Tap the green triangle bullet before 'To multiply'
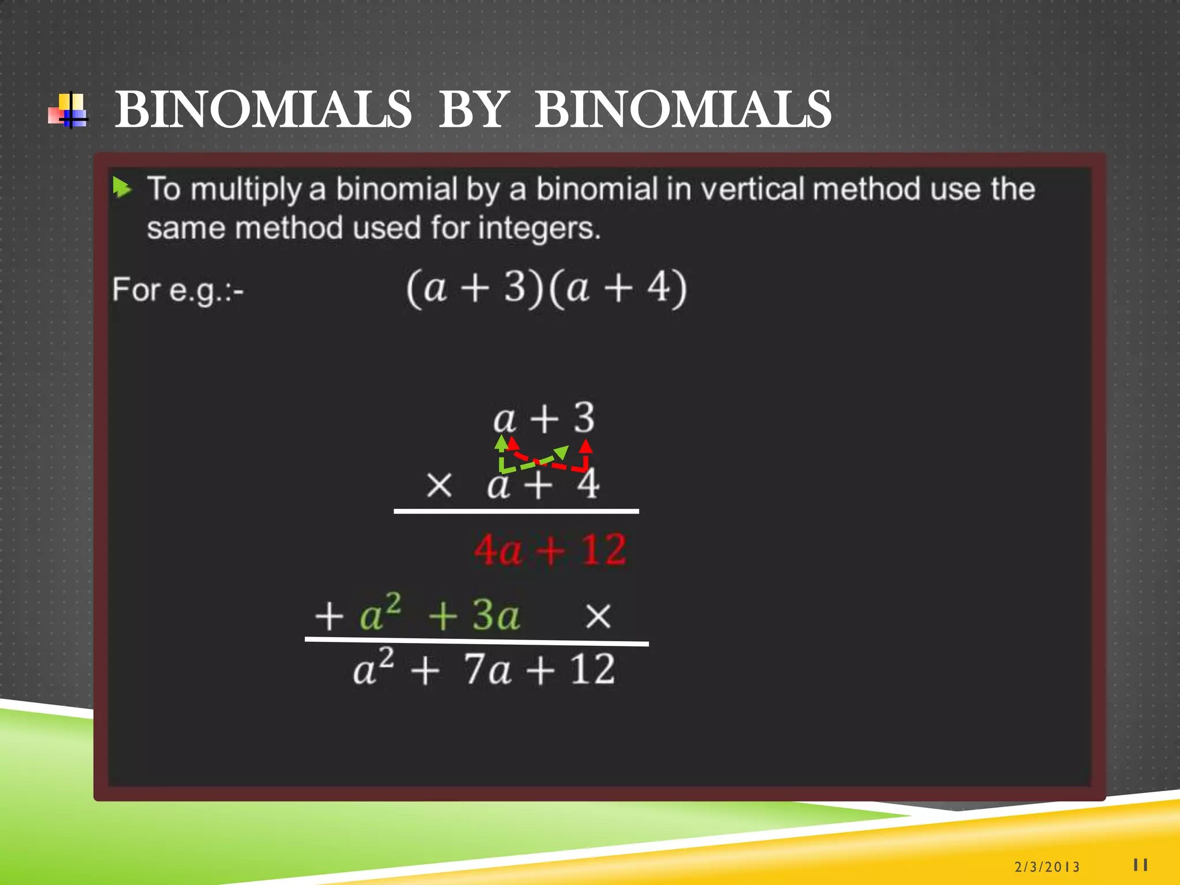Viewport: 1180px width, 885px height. point(122,187)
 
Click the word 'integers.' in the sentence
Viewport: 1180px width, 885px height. point(539,228)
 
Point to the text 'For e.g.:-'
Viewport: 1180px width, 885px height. point(177,290)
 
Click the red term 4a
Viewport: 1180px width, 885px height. point(498,550)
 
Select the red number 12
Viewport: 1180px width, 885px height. point(603,550)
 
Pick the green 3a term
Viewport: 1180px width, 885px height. point(496,615)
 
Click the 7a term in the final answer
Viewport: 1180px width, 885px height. point(487,670)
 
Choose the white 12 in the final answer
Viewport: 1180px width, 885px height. point(592,670)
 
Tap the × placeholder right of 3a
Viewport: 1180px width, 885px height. point(597,617)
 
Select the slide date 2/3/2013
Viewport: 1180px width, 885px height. point(1047,867)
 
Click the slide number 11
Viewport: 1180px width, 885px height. point(1140,865)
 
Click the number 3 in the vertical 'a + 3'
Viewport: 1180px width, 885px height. point(584,418)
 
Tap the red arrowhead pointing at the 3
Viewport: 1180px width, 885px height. point(585,446)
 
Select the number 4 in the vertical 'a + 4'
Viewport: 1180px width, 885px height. point(588,485)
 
